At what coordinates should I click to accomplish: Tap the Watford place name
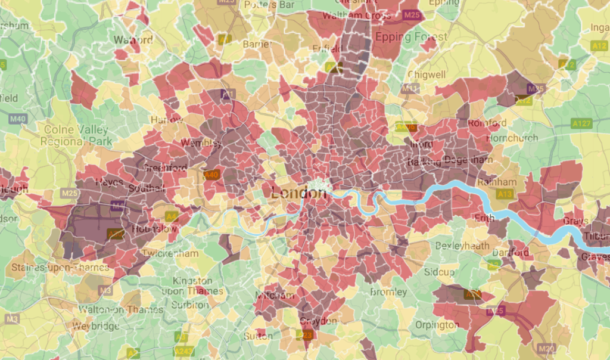133,41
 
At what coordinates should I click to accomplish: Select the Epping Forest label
410,37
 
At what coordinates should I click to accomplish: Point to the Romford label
487,123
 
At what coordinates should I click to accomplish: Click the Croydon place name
318,321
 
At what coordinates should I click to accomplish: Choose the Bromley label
388,292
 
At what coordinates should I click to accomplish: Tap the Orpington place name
438,325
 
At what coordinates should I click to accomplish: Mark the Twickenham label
170,253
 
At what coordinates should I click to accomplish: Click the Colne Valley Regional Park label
76,136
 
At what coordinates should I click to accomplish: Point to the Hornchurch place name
512,138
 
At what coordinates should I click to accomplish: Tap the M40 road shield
18,119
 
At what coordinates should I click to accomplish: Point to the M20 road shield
546,348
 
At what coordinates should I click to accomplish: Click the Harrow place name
167,119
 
